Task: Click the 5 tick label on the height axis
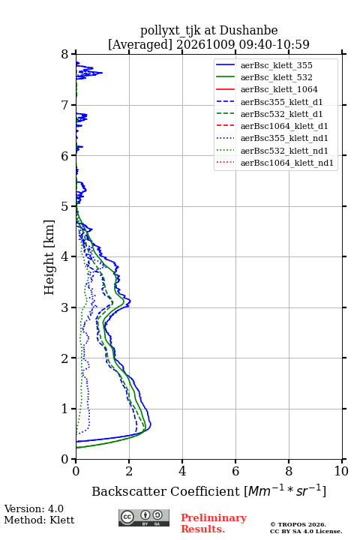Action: click(65, 207)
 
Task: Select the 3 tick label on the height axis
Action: click(65, 307)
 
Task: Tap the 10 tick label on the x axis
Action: click(341, 471)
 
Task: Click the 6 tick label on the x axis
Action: click(235, 471)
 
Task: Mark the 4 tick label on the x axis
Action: click(182, 471)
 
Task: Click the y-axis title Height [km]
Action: click(49, 257)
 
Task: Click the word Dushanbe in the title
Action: click(248, 30)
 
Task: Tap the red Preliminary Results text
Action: click(214, 523)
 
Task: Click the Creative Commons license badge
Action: click(144, 517)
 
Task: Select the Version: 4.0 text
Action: click(34, 508)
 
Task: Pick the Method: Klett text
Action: click(39, 520)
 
